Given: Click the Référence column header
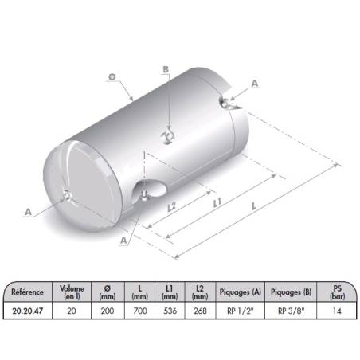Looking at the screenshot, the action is (27, 292).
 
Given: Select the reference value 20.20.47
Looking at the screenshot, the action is (28, 311).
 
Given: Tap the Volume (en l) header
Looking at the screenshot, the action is (72, 292).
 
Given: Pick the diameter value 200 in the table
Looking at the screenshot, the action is (108, 311).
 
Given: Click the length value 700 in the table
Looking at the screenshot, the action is (140, 311).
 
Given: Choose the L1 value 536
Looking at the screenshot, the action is (170, 311).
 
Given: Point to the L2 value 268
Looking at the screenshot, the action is (200, 311).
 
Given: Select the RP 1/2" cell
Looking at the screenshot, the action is (241, 311).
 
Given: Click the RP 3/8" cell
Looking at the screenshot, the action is (291, 311).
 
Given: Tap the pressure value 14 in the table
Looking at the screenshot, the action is (337, 311).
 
